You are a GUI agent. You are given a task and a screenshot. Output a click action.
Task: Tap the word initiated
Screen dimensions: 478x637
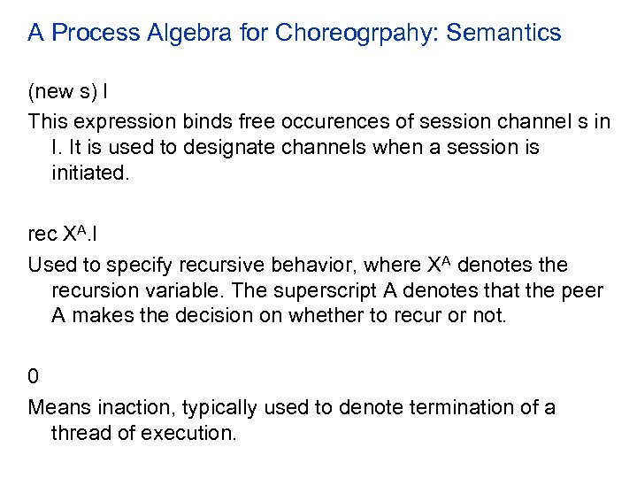[90, 173]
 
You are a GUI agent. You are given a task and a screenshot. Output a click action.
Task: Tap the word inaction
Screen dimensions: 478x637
[122, 407]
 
